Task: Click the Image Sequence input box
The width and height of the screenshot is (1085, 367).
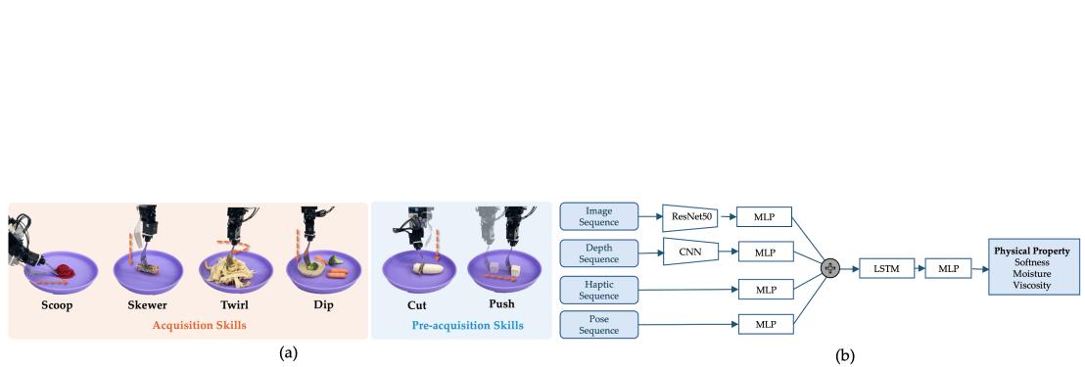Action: click(598, 216)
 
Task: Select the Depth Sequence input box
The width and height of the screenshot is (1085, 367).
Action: click(598, 252)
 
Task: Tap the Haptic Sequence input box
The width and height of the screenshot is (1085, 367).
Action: click(598, 288)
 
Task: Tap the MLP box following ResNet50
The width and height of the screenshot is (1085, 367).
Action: click(765, 216)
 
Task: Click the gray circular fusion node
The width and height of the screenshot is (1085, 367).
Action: click(831, 265)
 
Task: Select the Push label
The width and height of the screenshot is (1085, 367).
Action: click(499, 304)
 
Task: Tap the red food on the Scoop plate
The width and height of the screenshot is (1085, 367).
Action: click(64, 269)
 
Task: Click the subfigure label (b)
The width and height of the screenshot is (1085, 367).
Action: click(823, 357)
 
